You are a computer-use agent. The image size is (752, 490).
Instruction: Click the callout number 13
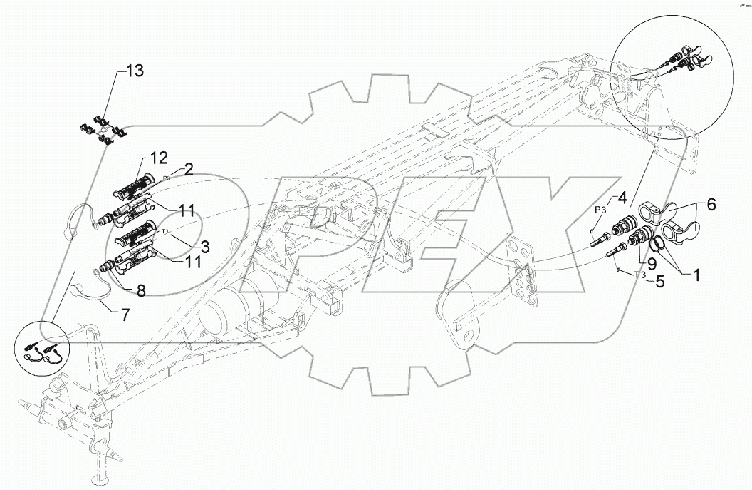tap(135, 71)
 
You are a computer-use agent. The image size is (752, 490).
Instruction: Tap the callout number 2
tap(189, 169)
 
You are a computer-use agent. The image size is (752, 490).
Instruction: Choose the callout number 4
tap(622, 197)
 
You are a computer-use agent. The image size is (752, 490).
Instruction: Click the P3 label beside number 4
tap(601, 210)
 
